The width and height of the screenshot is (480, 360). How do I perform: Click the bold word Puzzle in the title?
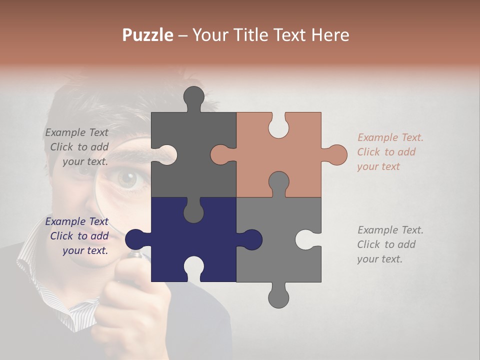click(x=148, y=35)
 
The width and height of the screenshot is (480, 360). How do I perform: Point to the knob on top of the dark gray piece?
click(x=194, y=96)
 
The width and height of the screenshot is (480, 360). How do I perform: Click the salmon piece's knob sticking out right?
click(x=336, y=154)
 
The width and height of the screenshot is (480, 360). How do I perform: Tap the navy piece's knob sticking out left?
click(x=135, y=239)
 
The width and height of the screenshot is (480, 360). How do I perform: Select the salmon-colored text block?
click(x=390, y=152)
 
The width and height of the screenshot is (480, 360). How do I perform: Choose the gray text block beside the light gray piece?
click(x=390, y=244)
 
